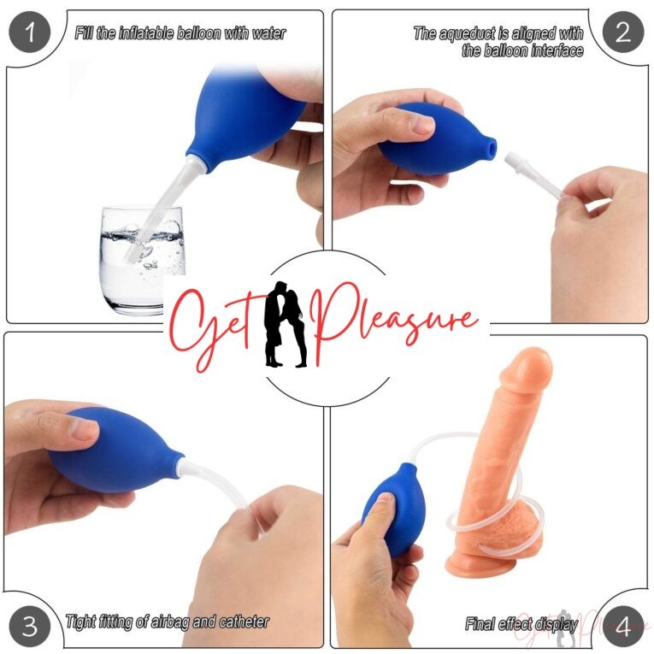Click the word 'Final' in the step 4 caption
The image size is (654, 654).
tap(481, 624)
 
